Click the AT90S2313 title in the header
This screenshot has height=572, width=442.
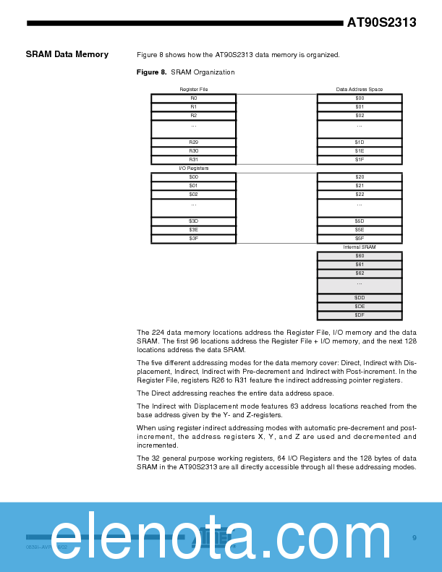point(381,22)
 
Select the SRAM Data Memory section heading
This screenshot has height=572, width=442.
point(67,54)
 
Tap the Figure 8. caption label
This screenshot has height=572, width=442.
point(152,72)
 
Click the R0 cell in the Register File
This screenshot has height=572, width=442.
point(193,98)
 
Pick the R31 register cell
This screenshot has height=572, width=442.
point(193,160)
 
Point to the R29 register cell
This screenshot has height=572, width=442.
point(193,142)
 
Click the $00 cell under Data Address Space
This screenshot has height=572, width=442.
point(360,98)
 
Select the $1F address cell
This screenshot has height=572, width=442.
point(360,160)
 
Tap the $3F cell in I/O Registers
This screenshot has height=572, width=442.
point(193,239)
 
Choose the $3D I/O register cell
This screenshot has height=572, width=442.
point(193,221)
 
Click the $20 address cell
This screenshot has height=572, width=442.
point(360,177)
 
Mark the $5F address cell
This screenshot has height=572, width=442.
point(360,239)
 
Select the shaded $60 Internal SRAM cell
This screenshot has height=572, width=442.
point(360,256)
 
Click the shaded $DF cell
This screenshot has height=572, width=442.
point(360,315)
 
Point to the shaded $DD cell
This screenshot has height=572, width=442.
point(360,298)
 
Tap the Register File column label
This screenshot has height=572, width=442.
point(193,90)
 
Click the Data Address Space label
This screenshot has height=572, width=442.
point(360,90)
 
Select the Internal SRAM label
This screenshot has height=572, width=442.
point(360,247)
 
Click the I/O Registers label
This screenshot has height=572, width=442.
point(193,168)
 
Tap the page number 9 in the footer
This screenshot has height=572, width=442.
point(415,537)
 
